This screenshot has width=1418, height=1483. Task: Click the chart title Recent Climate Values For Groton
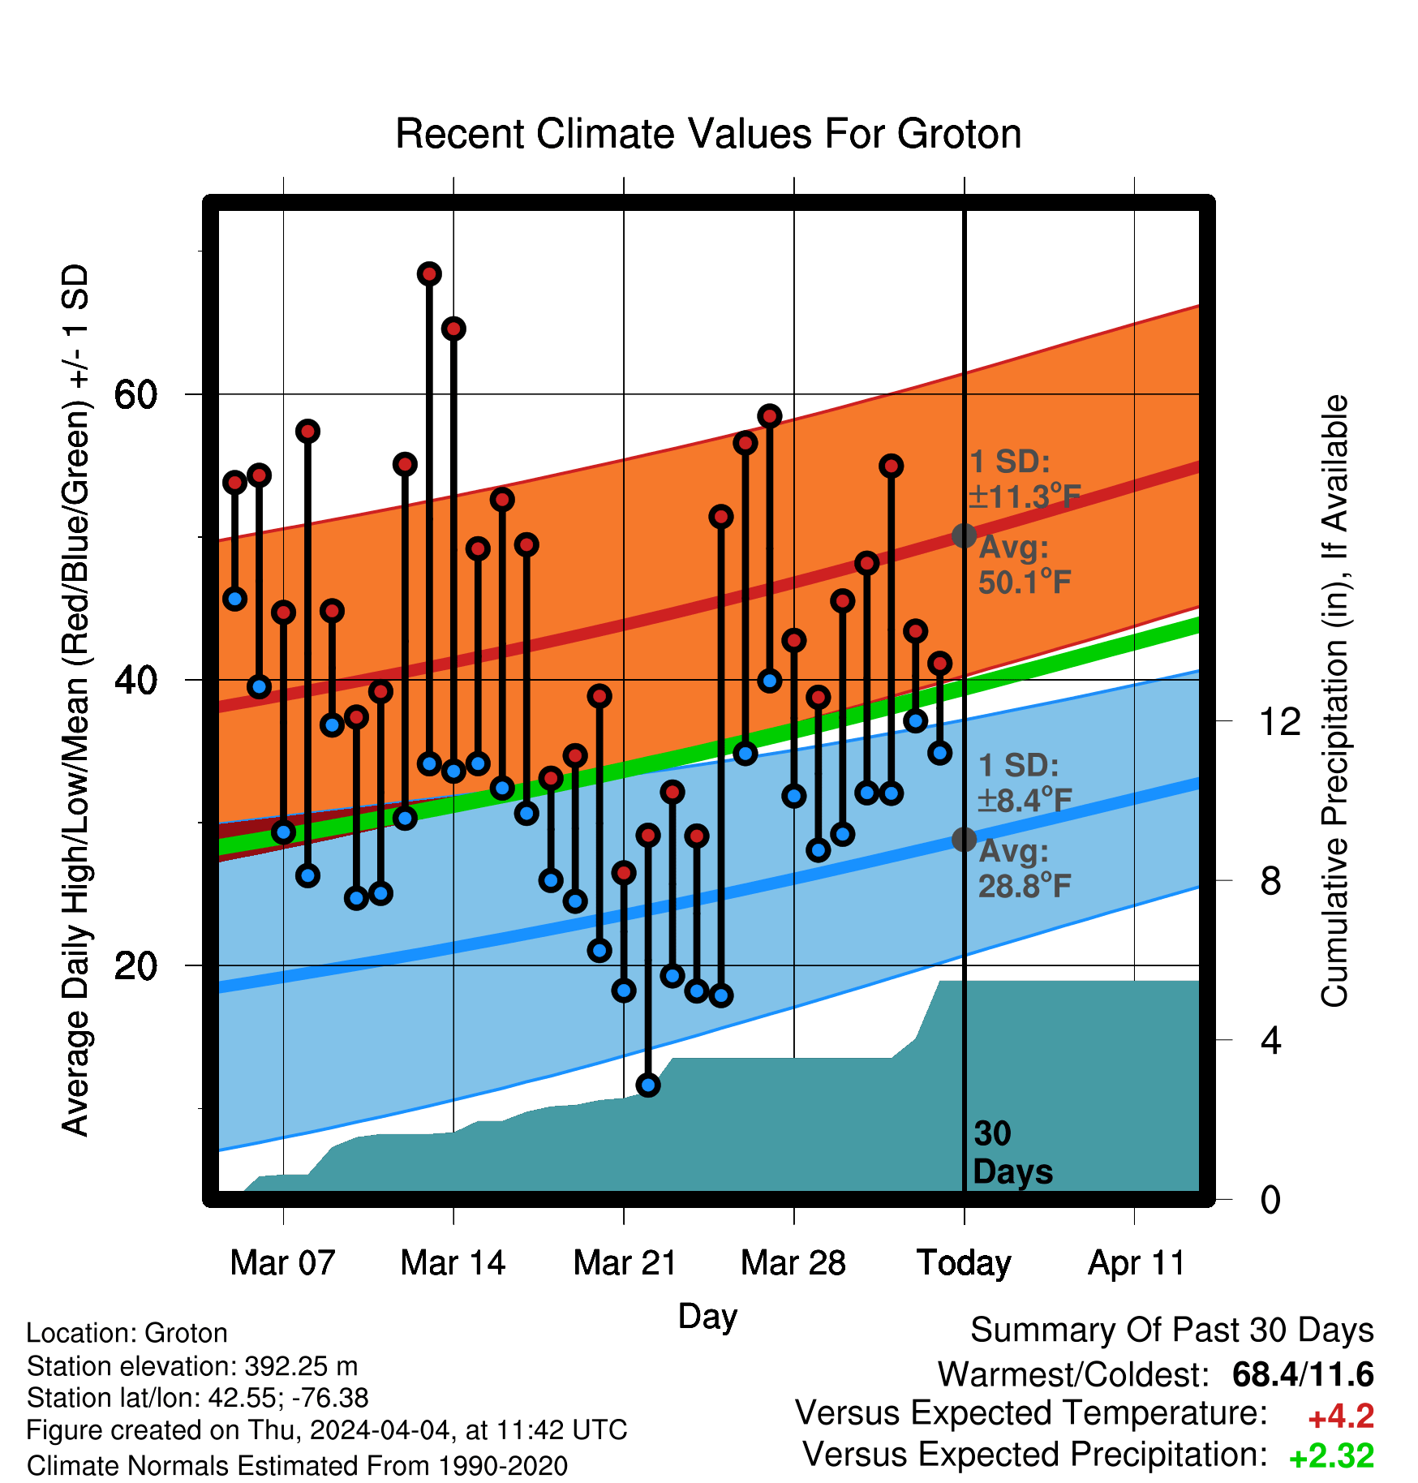point(708,134)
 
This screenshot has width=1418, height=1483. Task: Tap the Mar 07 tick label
point(282,1263)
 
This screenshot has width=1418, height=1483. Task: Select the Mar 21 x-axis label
point(625,1263)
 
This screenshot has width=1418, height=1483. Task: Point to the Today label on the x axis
point(964,1264)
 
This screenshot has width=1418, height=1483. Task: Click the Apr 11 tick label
point(1136,1263)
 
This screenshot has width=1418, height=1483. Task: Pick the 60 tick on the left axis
point(135,395)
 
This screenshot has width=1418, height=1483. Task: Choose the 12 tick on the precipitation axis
point(1279,721)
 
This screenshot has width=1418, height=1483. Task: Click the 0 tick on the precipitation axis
point(1270,1199)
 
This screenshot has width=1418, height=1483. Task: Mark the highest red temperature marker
point(429,274)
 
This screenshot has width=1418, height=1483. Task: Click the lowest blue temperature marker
point(648,1085)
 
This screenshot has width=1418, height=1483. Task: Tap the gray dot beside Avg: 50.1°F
point(964,535)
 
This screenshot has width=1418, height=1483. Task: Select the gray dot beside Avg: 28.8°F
point(964,839)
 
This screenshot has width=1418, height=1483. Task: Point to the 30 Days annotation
point(1012,1153)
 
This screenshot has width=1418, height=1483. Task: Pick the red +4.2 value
point(1341,1416)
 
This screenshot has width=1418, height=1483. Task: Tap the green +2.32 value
point(1332,1456)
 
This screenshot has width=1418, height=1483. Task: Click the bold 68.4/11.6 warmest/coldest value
point(1303,1374)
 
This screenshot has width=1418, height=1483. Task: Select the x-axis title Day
point(707,1316)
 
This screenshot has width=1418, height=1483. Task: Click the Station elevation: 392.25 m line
point(192,1366)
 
